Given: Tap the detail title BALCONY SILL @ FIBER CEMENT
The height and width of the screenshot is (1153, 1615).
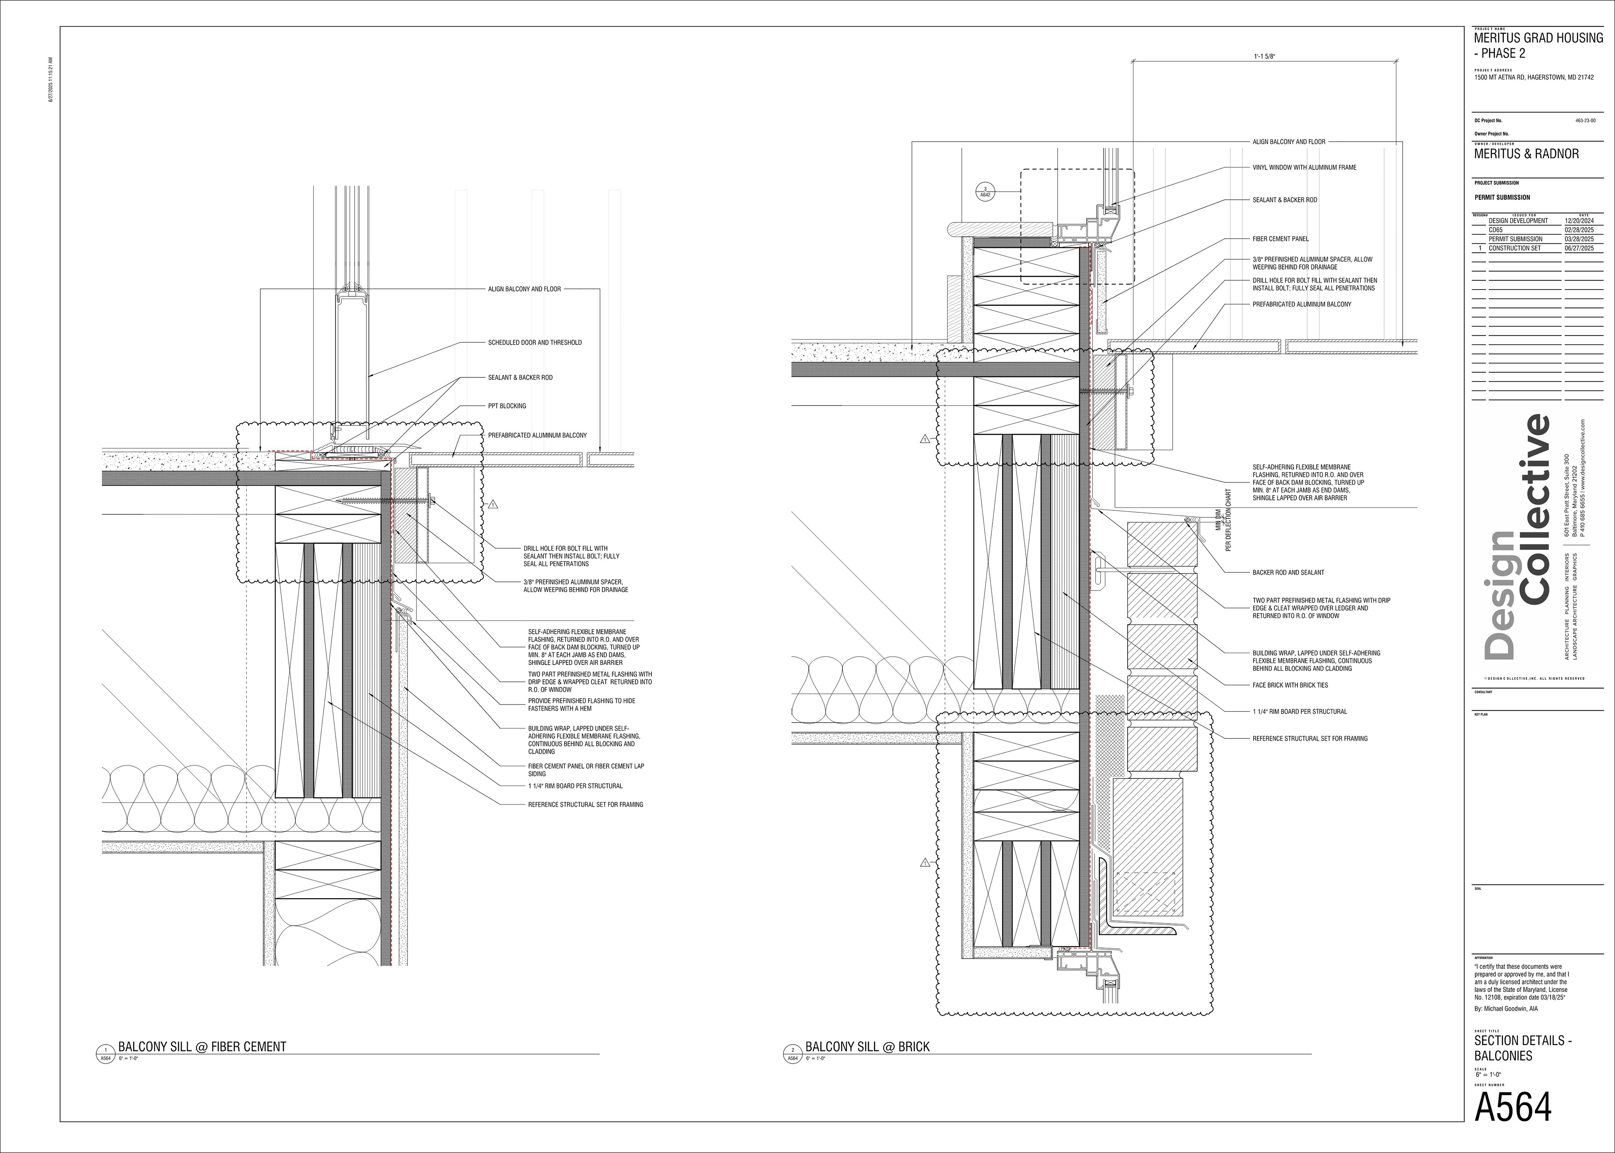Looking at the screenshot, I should [202, 1047].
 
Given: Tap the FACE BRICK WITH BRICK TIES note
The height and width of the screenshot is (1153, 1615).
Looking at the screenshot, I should [1290, 685].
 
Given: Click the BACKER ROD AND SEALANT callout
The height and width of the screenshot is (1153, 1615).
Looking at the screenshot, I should [1288, 572].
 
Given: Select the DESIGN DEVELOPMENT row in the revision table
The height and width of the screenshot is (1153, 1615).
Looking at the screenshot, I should [1518, 221].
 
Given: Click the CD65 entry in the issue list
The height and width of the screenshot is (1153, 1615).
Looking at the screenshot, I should [1496, 230].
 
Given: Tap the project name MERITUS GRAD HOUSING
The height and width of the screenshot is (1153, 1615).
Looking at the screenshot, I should [1538, 38].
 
